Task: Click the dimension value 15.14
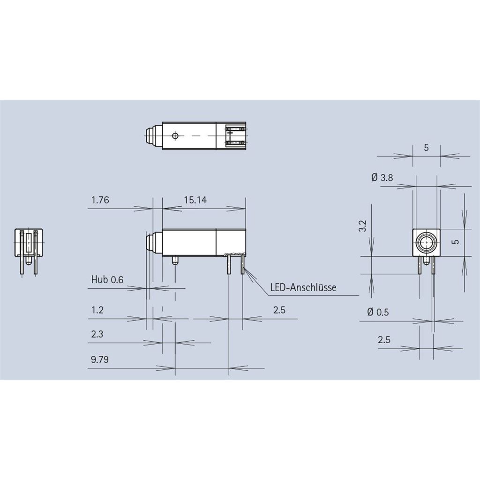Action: (195, 200)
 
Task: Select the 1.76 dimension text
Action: (100, 200)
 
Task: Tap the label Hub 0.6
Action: (107, 279)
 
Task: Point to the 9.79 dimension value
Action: (100, 360)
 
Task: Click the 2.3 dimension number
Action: (97, 334)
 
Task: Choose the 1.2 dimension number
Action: (97, 310)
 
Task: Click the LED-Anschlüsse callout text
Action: (303, 287)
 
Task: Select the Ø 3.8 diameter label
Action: (382, 178)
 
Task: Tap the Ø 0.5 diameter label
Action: (378, 312)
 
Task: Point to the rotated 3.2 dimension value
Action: (362, 226)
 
